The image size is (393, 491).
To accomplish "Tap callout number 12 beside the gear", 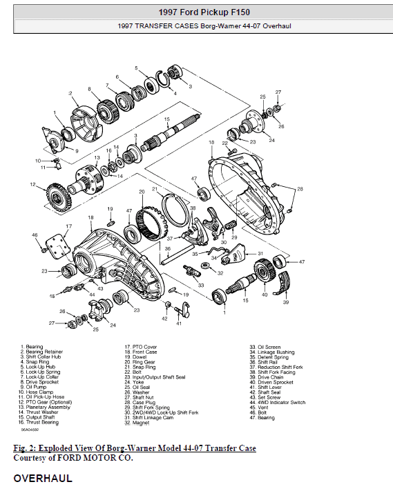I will [33, 184].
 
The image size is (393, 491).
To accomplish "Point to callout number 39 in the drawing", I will [287, 302].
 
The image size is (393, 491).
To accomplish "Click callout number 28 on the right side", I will [300, 188].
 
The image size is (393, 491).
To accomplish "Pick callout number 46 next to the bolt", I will [35, 236].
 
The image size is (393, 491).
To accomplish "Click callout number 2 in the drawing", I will [70, 92].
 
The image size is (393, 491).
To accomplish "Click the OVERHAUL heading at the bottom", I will [43, 477].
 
